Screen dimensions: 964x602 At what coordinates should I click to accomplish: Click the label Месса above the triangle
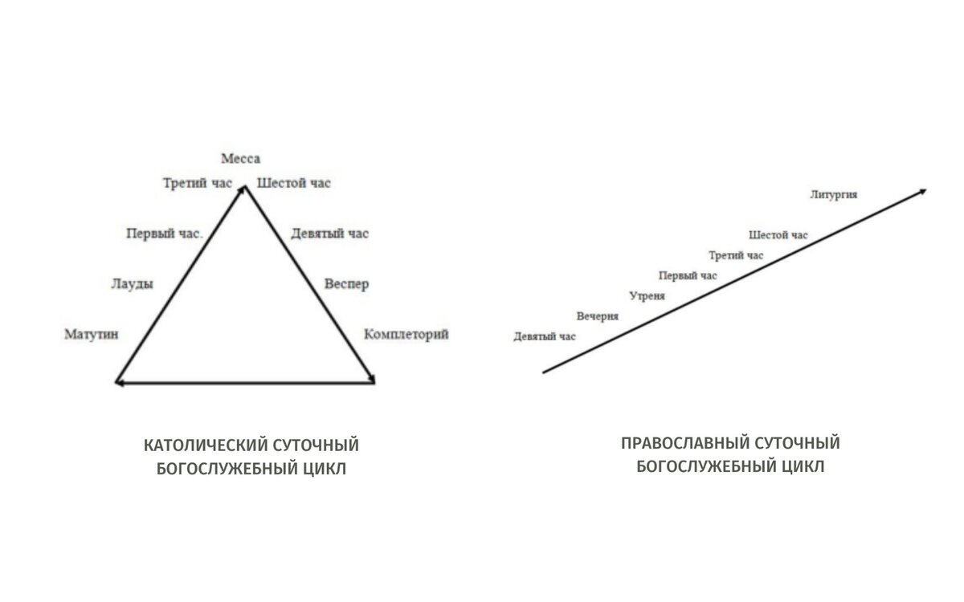[241, 159]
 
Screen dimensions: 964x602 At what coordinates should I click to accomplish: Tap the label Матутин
[92, 335]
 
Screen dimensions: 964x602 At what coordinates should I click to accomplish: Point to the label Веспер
[346, 284]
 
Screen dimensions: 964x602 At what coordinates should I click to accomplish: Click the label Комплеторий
[406, 335]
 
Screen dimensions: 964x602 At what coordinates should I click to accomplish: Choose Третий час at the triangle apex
[197, 183]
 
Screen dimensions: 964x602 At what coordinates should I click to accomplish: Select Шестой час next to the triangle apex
[293, 183]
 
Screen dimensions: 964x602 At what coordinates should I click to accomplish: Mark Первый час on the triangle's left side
[164, 234]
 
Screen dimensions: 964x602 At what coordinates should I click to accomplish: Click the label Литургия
[835, 195]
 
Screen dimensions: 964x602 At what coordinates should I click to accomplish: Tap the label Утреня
[647, 296]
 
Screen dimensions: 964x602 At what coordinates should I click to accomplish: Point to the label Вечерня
[597, 316]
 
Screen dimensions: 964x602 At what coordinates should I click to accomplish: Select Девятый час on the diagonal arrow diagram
[545, 336]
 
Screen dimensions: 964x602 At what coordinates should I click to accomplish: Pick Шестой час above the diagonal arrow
[778, 235]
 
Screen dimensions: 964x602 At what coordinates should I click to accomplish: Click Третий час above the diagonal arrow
[736, 256]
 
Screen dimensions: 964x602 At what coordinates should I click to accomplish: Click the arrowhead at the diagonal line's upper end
[922, 191]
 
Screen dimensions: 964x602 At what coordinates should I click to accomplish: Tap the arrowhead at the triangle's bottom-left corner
[120, 383]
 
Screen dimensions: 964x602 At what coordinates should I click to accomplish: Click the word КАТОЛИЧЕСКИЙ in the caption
[204, 445]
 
